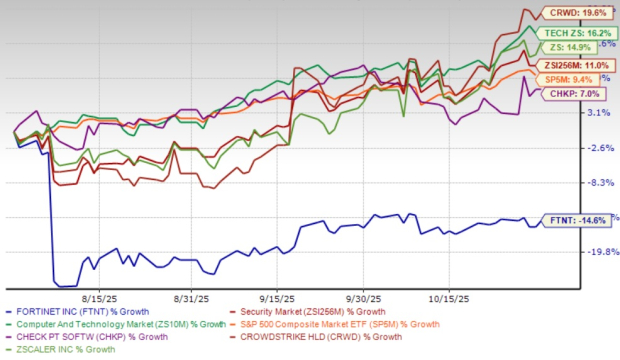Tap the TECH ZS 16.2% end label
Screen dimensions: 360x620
pos(573,31)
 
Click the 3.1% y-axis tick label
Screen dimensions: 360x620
pos(592,113)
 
